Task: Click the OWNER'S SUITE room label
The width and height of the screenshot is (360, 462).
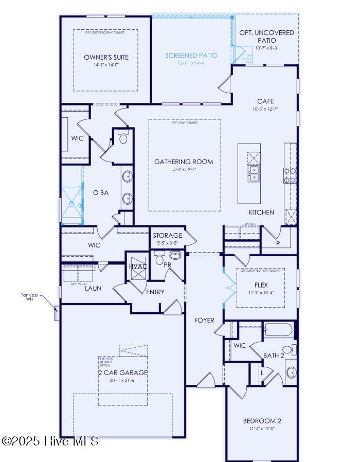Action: [106, 57]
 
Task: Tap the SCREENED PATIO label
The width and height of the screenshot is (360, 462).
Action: [191, 55]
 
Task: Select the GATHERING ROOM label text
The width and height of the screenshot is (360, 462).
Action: [184, 162]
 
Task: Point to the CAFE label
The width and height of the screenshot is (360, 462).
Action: [265, 101]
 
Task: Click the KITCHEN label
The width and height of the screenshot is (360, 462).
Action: [261, 212]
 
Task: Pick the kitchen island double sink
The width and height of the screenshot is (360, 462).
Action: [254, 173]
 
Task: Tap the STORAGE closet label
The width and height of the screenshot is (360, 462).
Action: [167, 236]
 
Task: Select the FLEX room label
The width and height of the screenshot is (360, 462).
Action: [261, 285]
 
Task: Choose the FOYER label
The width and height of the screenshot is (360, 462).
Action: [204, 320]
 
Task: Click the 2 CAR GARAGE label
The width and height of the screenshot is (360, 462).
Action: [122, 372]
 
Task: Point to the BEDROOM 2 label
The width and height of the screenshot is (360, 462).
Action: [262, 421]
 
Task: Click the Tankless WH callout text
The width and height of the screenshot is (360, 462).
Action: [30, 297]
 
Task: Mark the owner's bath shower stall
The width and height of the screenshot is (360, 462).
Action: [71, 205]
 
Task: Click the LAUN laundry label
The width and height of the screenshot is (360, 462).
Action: [93, 288]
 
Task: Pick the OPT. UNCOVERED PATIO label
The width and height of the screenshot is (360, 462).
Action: [266, 36]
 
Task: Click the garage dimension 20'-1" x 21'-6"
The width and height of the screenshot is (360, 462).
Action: [122, 381]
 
